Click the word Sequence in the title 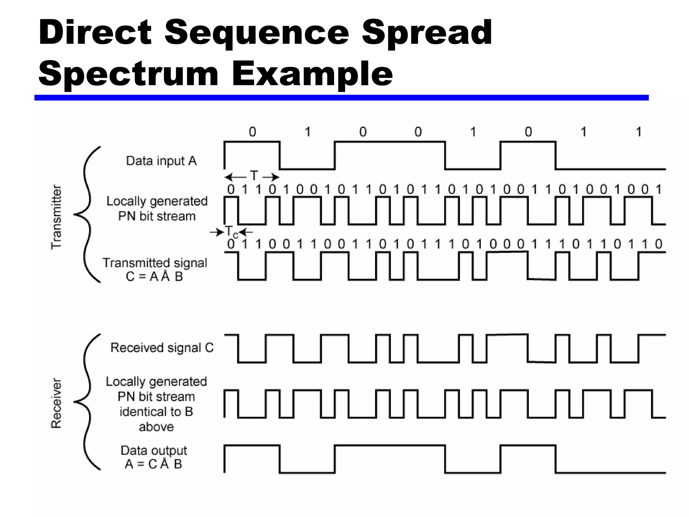[x=257, y=33]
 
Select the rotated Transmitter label [x=57, y=217]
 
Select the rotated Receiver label [x=57, y=403]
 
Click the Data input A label [x=161, y=161]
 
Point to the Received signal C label [x=162, y=348]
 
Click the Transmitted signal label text [x=155, y=263]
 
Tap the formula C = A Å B [x=154, y=277]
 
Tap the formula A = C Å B [x=153, y=464]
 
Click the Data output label [x=154, y=450]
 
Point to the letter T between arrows [x=253, y=176]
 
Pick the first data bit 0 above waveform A [x=252, y=132]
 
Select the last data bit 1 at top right [x=639, y=132]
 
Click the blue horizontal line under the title [x=341, y=98]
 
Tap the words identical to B [x=156, y=412]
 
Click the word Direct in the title [x=95, y=33]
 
